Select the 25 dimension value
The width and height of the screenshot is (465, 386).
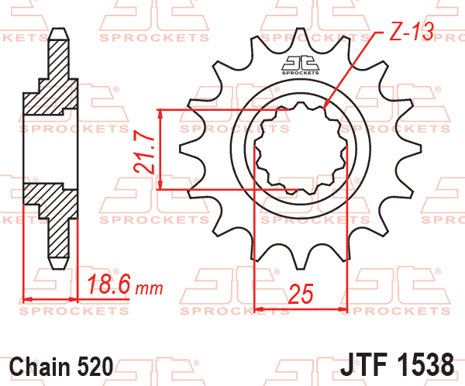point(301,293)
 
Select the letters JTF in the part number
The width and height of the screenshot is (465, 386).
point(365,364)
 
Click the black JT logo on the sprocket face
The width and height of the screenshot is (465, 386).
point(300,65)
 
